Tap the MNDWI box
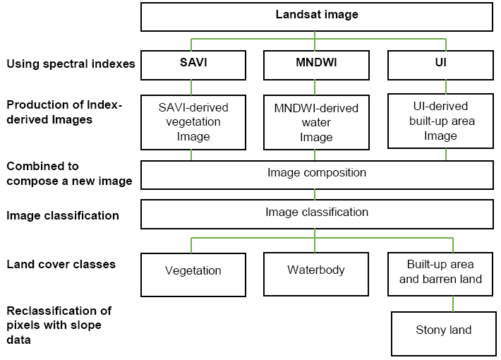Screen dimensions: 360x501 tap(315, 64)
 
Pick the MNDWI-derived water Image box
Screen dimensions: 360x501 tap(315, 121)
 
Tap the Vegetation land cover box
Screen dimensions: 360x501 tap(193, 271)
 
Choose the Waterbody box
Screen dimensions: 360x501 tap(315, 271)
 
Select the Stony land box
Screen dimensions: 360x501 tap(443, 330)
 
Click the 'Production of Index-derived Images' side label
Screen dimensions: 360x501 tap(64, 112)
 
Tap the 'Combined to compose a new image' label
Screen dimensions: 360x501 tap(69, 174)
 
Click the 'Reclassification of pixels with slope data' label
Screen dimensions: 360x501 tap(59, 325)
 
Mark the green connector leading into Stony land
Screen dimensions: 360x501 tap(453, 304)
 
